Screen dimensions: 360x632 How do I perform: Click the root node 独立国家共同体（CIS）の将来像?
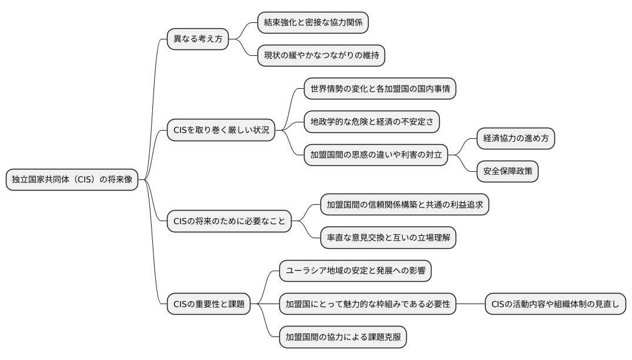point(72,179)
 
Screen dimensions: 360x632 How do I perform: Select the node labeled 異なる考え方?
point(198,39)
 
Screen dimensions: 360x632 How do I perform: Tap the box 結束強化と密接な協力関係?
point(313,22)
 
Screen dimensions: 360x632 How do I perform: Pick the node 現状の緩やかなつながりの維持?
point(322,56)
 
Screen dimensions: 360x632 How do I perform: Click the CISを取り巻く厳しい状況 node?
point(221,130)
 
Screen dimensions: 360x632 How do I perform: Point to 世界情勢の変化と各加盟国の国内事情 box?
point(380,89)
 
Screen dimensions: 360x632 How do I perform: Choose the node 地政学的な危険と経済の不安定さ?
point(372,122)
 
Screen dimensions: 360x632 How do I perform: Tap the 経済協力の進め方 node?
point(516,139)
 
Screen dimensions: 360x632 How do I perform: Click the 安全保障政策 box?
point(507,172)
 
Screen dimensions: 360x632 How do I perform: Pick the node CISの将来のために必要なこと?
point(229,221)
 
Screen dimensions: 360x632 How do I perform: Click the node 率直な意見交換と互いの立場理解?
point(388,238)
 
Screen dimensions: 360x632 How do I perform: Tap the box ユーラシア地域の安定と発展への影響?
point(355,271)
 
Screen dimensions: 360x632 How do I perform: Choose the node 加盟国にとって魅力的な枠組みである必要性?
point(367,304)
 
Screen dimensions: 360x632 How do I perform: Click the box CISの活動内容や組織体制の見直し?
point(555,304)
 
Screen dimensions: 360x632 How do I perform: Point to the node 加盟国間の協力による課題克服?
point(343,337)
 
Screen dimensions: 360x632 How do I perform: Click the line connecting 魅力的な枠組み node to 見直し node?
point(470,304)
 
